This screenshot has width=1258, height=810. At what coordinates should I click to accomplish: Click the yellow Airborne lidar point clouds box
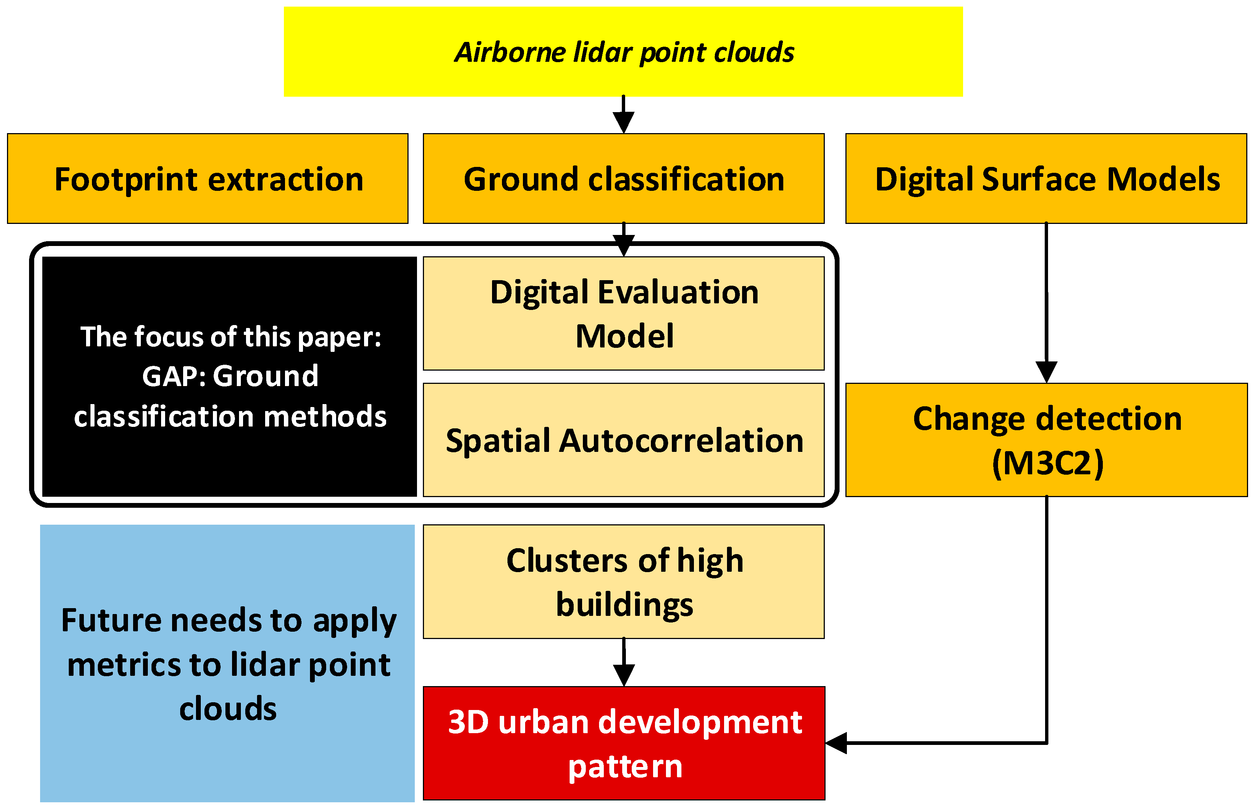(623, 51)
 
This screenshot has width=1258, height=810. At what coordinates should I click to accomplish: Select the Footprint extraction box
(208, 179)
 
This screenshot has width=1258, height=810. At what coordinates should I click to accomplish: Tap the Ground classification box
(624, 179)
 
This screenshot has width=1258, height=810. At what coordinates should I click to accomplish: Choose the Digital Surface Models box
(1046, 179)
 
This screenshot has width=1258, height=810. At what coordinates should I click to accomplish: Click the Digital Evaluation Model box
(624, 314)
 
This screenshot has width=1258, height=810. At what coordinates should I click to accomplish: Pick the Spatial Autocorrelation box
(624, 440)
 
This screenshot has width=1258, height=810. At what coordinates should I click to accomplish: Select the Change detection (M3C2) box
(1047, 440)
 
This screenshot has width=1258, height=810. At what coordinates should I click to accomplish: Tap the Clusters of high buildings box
(624, 582)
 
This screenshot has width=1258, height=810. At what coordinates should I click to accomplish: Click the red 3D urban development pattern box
(624, 743)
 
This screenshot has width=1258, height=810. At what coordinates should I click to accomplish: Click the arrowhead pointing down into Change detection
(1047, 372)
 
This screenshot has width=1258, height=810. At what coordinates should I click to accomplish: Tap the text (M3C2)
(1048, 463)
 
